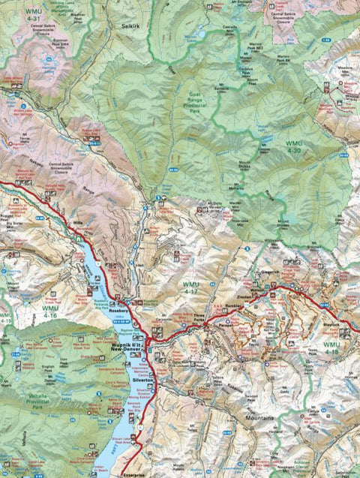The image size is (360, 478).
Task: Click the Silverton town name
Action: (142, 381)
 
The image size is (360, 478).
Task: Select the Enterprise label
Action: (136, 473)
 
